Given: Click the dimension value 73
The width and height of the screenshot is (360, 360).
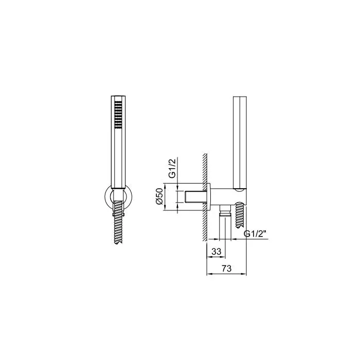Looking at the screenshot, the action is [227, 268].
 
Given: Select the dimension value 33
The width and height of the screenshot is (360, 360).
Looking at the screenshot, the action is [217, 251].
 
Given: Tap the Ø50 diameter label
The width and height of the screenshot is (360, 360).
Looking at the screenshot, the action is [159, 196].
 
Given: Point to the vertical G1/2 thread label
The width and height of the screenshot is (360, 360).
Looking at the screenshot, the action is [172, 168].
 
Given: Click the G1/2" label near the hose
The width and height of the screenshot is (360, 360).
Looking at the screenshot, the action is [255, 233].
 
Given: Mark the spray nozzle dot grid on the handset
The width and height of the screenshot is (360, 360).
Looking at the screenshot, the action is [118, 114].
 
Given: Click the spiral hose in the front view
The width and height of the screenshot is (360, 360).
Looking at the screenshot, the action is [118, 222].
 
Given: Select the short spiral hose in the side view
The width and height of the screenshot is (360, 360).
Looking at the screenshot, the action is [240, 215].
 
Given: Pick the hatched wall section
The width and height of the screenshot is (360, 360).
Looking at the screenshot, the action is [205, 197].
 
